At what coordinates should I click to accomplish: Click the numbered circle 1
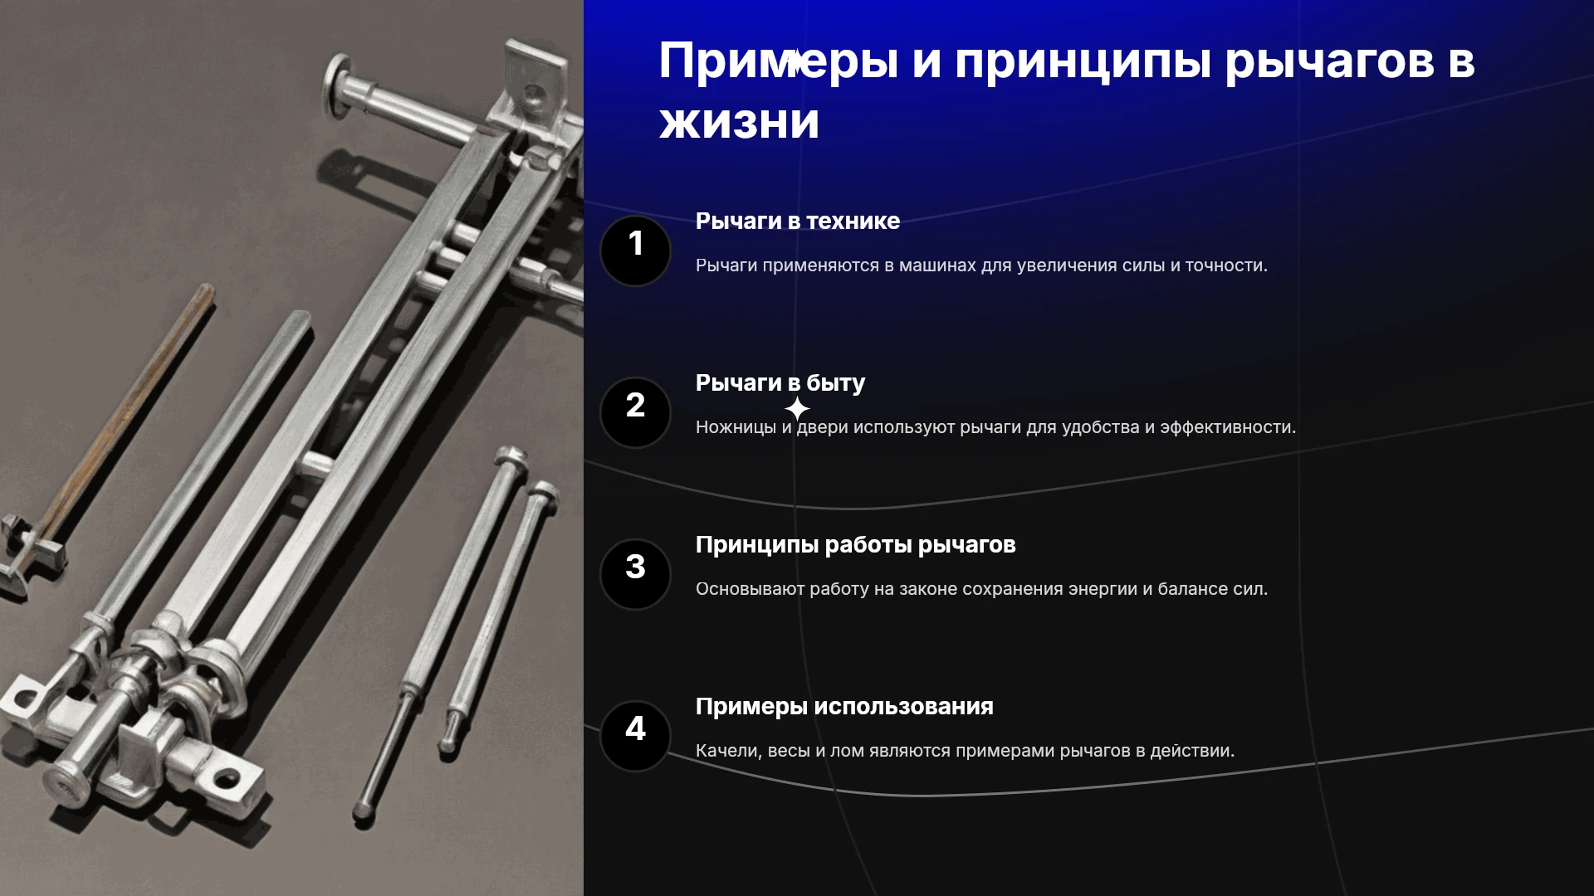635,251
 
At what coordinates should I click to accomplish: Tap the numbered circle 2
635,412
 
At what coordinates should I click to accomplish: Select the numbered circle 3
635,574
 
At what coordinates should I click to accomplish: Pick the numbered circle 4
635,736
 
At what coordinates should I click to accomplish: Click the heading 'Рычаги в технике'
798,221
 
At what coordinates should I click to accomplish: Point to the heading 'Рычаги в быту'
780,383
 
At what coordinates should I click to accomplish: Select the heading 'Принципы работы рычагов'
856,545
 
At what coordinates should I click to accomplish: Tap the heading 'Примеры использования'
844,707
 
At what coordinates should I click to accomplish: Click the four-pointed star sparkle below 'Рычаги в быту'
797,409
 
